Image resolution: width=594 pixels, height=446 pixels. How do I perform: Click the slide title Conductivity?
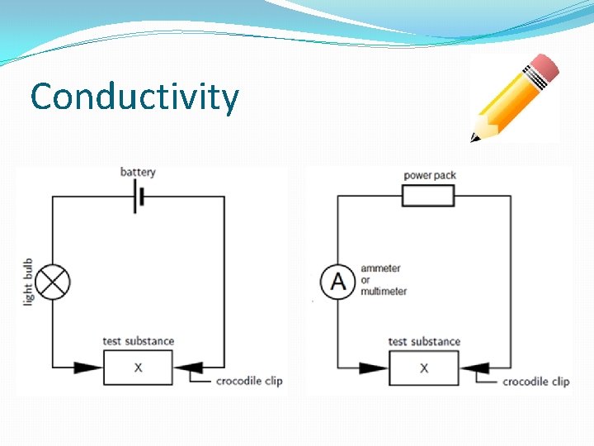click(x=134, y=97)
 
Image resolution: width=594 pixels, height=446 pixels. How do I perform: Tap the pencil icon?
click(x=514, y=97)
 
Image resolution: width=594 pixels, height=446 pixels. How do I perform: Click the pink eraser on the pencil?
click(x=543, y=69)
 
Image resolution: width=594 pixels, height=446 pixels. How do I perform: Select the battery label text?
click(x=138, y=172)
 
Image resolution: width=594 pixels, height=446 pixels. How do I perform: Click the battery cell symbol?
click(x=139, y=198)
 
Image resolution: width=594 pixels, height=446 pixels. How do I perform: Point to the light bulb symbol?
click(x=54, y=282)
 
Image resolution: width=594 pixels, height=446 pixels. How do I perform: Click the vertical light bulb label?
click(x=28, y=282)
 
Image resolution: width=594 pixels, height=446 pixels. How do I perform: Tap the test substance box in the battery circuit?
click(x=138, y=368)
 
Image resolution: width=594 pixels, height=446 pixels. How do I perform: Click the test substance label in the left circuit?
click(x=139, y=341)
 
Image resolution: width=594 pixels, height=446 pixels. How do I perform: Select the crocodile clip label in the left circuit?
click(x=249, y=381)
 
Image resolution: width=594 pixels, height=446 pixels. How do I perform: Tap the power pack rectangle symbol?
click(x=428, y=196)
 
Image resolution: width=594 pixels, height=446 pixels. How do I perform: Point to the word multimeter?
click(x=384, y=292)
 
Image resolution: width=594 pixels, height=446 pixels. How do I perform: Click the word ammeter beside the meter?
click(x=380, y=268)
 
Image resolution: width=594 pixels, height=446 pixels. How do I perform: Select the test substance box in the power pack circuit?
click(x=424, y=368)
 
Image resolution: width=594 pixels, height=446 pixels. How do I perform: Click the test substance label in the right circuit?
click(x=424, y=341)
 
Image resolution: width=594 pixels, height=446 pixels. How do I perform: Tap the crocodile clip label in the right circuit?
click(x=535, y=382)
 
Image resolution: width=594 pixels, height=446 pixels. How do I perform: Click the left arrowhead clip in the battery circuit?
click(x=87, y=368)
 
